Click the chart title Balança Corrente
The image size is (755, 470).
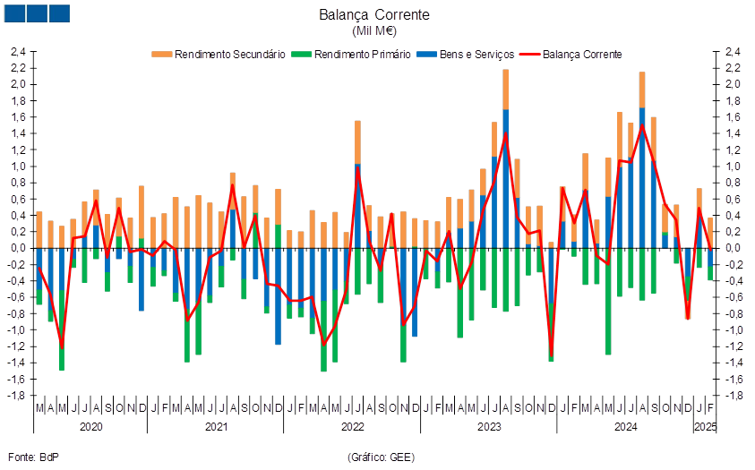[x=374, y=14]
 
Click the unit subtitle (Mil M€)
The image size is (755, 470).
[x=374, y=31]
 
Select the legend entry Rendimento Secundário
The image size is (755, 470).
[x=219, y=55]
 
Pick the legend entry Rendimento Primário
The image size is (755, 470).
[x=350, y=55]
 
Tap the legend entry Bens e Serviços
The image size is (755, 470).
[x=465, y=55]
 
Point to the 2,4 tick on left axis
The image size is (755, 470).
[x=17, y=52]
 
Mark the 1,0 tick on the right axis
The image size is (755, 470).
[x=734, y=167]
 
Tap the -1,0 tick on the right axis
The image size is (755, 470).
[x=732, y=330]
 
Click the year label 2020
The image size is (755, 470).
[x=90, y=427]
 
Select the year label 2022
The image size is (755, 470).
[x=353, y=427]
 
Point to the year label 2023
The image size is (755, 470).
[x=489, y=427]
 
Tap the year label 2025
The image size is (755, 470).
[x=706, y=427]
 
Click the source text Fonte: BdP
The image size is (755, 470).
[x=33, y=457]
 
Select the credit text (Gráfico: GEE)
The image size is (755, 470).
[x=381, y=457]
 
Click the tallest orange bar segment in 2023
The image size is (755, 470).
[x=506, y=90]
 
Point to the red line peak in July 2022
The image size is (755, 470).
[x=357, y=167]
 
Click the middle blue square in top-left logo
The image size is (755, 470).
[x=37, y=13]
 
